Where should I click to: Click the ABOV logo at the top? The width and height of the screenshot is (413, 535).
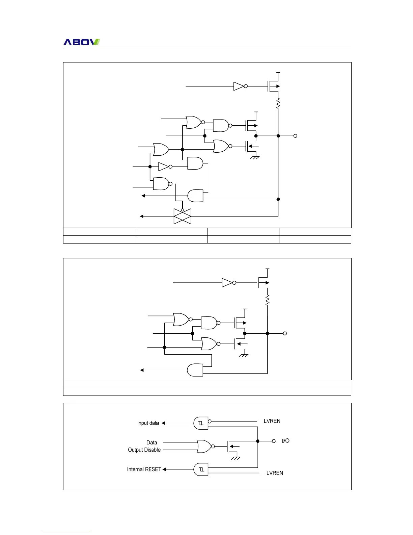click(82, 42)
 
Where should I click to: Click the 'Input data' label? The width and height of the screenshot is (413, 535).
click(148, 423)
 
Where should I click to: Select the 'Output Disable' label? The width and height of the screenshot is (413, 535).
click(144, 450)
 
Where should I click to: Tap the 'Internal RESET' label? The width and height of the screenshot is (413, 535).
click(144, 469)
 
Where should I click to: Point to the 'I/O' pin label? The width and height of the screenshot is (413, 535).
click(285, 441)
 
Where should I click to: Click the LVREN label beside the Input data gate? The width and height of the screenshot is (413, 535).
click(272, 421)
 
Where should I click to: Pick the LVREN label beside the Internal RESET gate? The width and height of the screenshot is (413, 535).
click(275, 473)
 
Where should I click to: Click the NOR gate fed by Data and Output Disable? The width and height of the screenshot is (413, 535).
click(204, 446)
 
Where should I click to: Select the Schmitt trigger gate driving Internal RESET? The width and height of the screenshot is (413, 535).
click(201, 469)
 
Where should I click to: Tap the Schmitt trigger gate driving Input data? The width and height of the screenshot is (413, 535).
click(201, 423)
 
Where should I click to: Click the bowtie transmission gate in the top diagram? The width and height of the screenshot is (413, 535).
click(183, 216)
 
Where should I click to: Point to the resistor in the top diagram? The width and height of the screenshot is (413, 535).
click(278, 103)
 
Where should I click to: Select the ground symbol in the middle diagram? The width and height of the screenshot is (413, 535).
click(243, 355)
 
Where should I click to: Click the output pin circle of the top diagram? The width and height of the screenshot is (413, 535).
click(295, 136)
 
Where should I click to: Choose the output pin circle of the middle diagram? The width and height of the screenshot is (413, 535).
click(285, 333)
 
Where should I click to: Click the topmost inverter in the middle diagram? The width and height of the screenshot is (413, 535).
click(228, 283)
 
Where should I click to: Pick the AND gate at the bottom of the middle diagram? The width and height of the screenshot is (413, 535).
click(195, 370)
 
